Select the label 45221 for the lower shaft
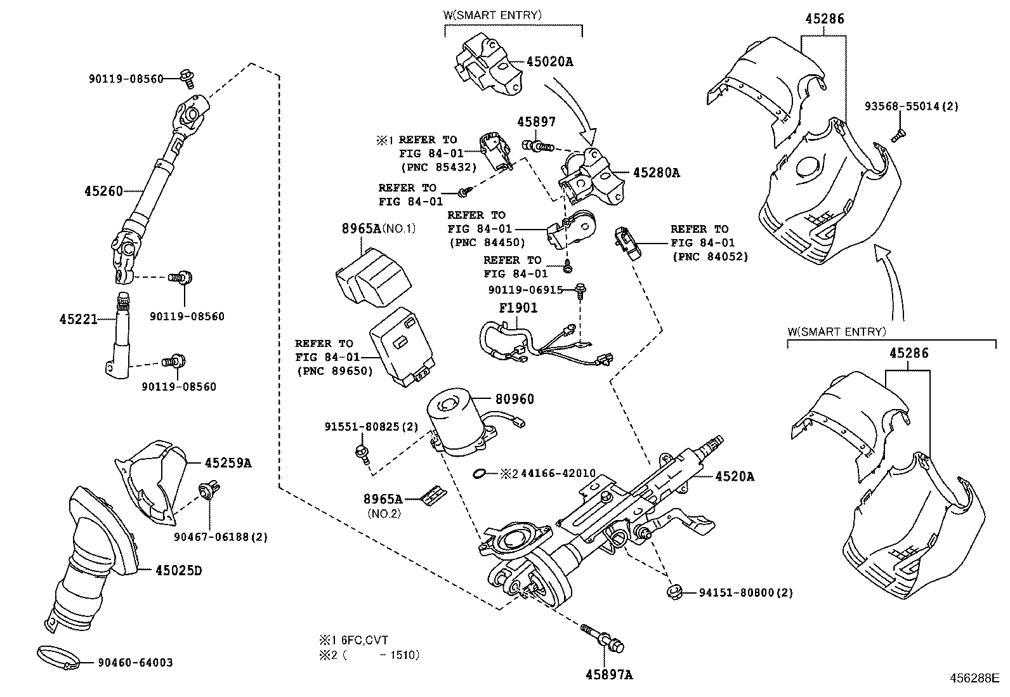[x=79, y=319]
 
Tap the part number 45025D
[x=178, y=571]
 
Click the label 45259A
[x=228, y=463]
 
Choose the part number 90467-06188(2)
[x=221, y=537]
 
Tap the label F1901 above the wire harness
[x=518, y=308]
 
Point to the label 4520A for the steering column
[x=735, y=476]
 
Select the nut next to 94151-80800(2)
[x=675, y=592]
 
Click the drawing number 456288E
[x=974, y=677]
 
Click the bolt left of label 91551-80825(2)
[x=362, y=453]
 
